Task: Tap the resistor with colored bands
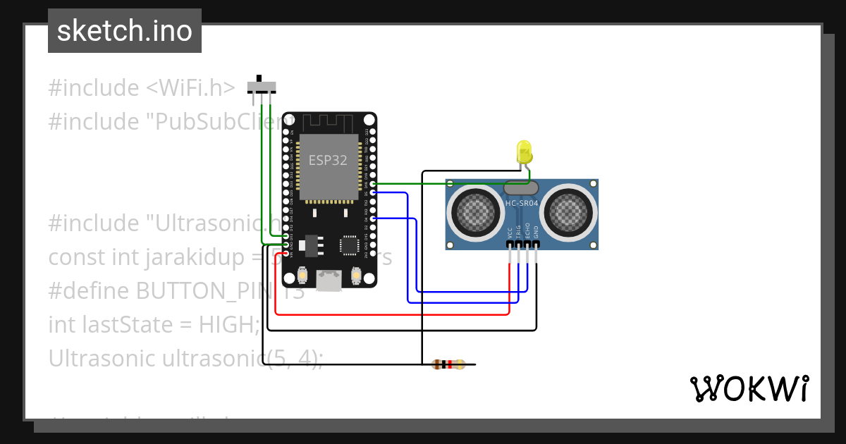tap(448, 364)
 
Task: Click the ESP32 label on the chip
tap(328, 160)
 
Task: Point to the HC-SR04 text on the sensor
tap(521, 204)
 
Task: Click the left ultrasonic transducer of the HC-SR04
tap(475, 210)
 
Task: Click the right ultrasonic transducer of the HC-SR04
tap(568, 210)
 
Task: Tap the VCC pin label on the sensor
tap(510, 233)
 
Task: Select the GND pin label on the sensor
tap(536, 232)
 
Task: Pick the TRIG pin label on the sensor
tap(518, 232)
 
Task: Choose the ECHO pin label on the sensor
tap(527, 232)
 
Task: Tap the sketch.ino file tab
tap(125, 31)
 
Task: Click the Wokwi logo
tap(749, 388)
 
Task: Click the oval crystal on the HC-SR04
tap(521, 187)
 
